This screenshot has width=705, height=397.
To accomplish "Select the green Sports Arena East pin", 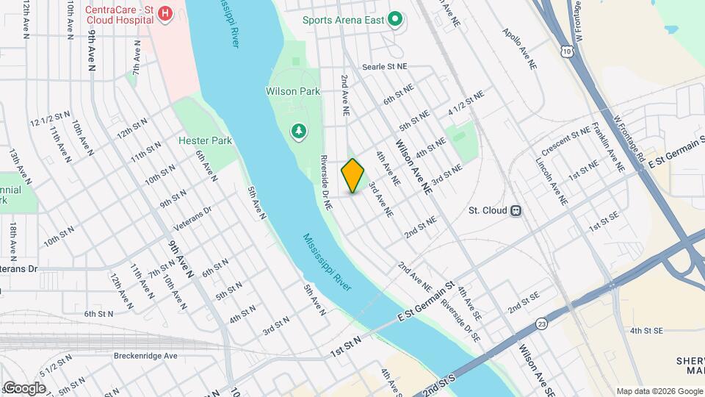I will click(x=396, y=19).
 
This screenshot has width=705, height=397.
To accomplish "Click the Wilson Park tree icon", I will click(x=299, y=132).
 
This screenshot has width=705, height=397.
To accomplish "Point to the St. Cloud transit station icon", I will click(x=516, y=210).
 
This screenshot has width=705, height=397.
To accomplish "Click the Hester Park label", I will click(x=205, y=140).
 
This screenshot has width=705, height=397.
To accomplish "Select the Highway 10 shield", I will click(x=564, y=50).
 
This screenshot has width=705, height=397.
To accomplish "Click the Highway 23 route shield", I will click(x=542, y=323).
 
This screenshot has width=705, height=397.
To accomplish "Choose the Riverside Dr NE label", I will click(x=326, y=184).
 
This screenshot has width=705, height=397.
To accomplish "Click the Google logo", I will click(x=24, y=387).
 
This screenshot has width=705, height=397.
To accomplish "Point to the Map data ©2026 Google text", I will click(x=658, y=391).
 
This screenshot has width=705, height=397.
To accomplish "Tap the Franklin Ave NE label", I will click(x=609, y=148).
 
